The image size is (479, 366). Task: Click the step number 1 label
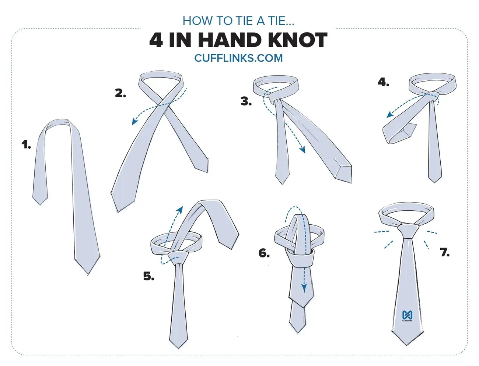tap(26, 145)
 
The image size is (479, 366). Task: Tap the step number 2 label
tap(120, 93)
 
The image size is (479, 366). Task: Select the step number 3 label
tap(246, 101)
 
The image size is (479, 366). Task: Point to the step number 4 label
tap(384, 82)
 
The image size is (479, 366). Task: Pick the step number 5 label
tap(149, 276)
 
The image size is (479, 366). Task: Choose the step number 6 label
tap(264, 253)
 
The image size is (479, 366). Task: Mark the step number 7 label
tap(445, 252)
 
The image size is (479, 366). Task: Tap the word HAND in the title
tap(230, 40)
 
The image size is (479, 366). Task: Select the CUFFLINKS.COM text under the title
tap(238, 58)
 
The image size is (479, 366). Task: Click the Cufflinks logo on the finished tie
tap(407, 316)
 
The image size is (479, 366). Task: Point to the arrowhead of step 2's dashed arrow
tap(134, 122)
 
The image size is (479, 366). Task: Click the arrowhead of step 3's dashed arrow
tap(303, 150)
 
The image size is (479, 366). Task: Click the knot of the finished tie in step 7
tap(408, 231)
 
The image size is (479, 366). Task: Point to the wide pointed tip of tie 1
tap(88, 274)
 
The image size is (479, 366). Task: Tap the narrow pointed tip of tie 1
tap(40, 204)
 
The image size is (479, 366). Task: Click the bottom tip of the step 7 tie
tap(406, 345)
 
